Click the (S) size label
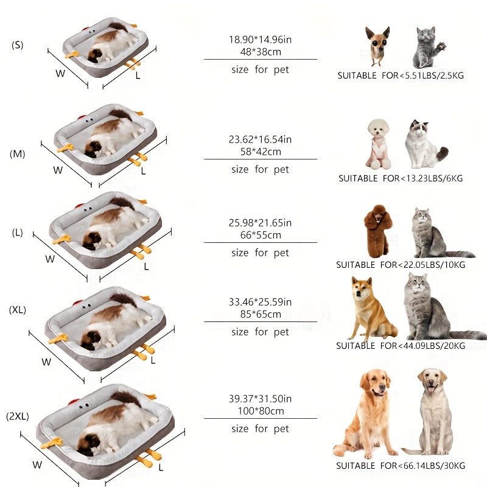click(x=17, y=45)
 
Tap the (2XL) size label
click(x=17, y=417)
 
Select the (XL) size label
click(x=17, y=310)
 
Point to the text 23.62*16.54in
click(x=261, y=139)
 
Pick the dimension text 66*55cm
click(x=261, y=235)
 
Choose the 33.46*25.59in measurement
click(x=261, y=302)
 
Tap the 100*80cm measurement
click(x=261, y=411)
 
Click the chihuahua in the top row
click(x=377, y=46)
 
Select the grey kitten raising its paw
click(x=428, y=47)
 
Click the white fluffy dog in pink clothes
click(x=378, y=144)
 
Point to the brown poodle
click(x=377, y=229)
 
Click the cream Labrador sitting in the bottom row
click(x=433, y=411)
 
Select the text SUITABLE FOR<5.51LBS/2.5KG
click(x=400, y=76)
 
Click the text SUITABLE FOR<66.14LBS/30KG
click(x=400, y=466)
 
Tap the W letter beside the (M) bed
click(x=58, y=170)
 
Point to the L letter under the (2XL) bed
click(x=161, y=468)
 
